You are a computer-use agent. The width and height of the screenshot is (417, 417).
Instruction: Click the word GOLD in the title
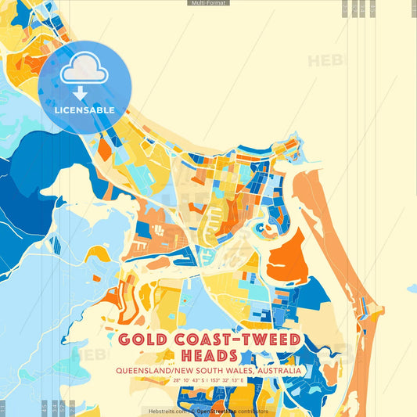click(145, 340)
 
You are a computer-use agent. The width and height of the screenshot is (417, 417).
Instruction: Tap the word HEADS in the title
click(208, 356)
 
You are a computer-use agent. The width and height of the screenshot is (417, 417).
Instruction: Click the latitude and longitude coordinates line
click(208, 380)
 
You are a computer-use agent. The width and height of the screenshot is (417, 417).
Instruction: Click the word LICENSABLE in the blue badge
click(84, 110)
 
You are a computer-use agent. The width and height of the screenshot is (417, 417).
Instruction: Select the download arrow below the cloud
click(80, 94)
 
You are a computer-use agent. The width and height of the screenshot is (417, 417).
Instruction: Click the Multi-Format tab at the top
click(208, 3)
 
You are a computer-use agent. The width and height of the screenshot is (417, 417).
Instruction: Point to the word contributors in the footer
click(250, 411)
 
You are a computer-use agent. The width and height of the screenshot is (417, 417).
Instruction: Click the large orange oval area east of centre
click(286, 259)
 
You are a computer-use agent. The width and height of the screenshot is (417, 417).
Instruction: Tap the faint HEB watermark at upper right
click(323, 61)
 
